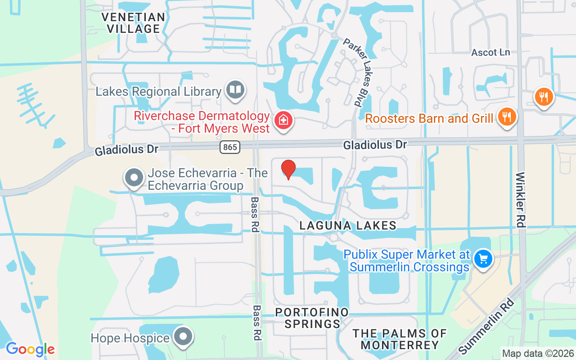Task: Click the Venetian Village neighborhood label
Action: tap(133, 23)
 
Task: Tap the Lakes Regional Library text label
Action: tap(158, 92)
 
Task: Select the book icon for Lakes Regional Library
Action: tap(235, 90)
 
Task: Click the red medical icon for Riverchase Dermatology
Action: tap(283, 120)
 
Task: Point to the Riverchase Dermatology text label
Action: tap(202, 122)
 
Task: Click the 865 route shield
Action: tap(230, 147)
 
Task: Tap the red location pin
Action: tap(288, 169)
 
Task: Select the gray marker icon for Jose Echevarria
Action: tap(134, 177)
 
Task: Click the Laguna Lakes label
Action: tap(348, 225)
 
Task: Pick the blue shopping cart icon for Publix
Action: tap(483, 259)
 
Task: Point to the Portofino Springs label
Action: tap(312, 318)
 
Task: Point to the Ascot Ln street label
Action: tap(490, 53)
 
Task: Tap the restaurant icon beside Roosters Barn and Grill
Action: tap(507, 117)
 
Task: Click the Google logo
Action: tap(30, 349)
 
